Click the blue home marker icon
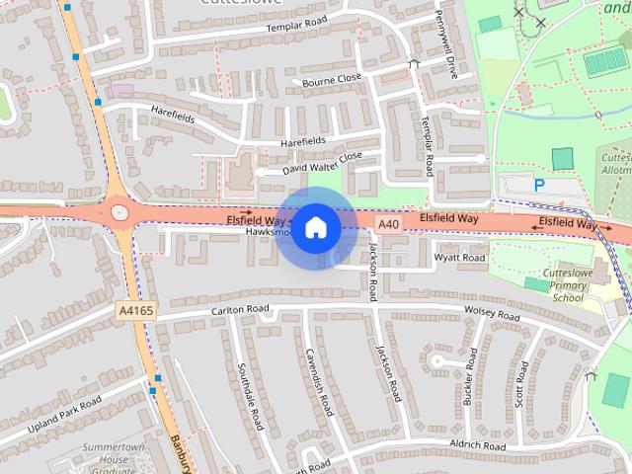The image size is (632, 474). tap(314, 228)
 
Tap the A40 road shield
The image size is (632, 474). tap(389, 225)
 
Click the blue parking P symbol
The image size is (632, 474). tap(539, 185)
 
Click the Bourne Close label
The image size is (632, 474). tap(332, 80)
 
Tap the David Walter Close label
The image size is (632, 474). tap(322, 163)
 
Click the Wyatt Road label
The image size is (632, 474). tap(461, 259)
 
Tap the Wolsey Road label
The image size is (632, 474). tap(492, 313)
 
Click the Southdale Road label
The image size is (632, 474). tap(250, 395)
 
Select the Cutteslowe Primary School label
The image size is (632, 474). tap(567, 284)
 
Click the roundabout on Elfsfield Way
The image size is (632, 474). tap(119, 210)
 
